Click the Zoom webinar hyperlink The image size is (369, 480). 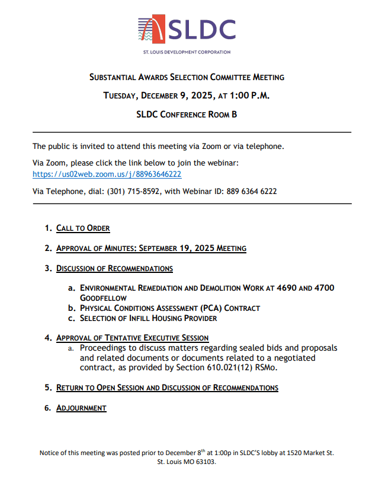[107, 174]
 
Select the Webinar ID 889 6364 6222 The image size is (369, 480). [251, 192]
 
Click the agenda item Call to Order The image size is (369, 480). [83, 228]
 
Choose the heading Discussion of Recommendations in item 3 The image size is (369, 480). [114, 269]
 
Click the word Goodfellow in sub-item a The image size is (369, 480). [103, 298]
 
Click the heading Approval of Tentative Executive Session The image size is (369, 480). [132, 338]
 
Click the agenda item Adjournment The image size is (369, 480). [81, 408]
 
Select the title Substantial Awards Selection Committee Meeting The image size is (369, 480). [187, 77]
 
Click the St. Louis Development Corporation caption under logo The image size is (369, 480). [187, 52]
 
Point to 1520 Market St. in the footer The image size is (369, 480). [310, 453]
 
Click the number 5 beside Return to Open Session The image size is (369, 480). [47, 388]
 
